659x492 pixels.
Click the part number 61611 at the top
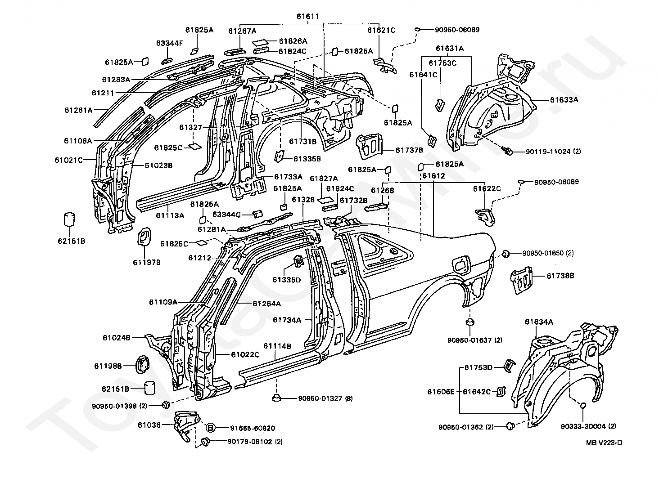click(307, 17)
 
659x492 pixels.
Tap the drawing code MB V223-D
click(604, 442)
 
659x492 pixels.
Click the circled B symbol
click(211, 428)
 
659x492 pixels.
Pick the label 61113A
click(170, 215)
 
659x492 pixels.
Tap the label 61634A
click(539, 322)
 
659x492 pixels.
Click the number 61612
click(433, 176)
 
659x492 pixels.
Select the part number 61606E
click(441, 392)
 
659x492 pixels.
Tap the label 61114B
click(277, 346)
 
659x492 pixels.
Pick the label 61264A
click(266, 304)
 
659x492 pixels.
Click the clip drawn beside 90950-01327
click(276, 398)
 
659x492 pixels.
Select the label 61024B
click(116, 337)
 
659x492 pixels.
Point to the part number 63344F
click(170, 43)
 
